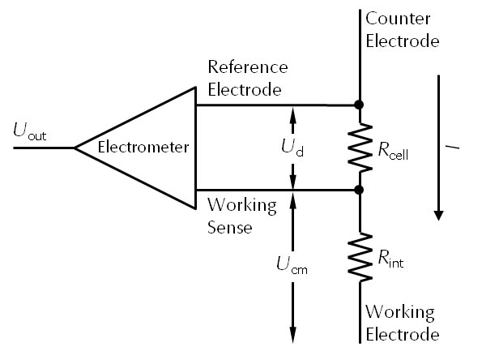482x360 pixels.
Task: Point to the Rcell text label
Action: point(392,150)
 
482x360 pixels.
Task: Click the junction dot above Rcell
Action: point(359,105)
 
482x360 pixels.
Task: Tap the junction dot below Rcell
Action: point(359,190)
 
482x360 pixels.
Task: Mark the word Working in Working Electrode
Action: point(399,312)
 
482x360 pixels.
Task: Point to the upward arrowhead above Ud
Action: point(293,113)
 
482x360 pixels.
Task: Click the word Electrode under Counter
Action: point(402,41)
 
